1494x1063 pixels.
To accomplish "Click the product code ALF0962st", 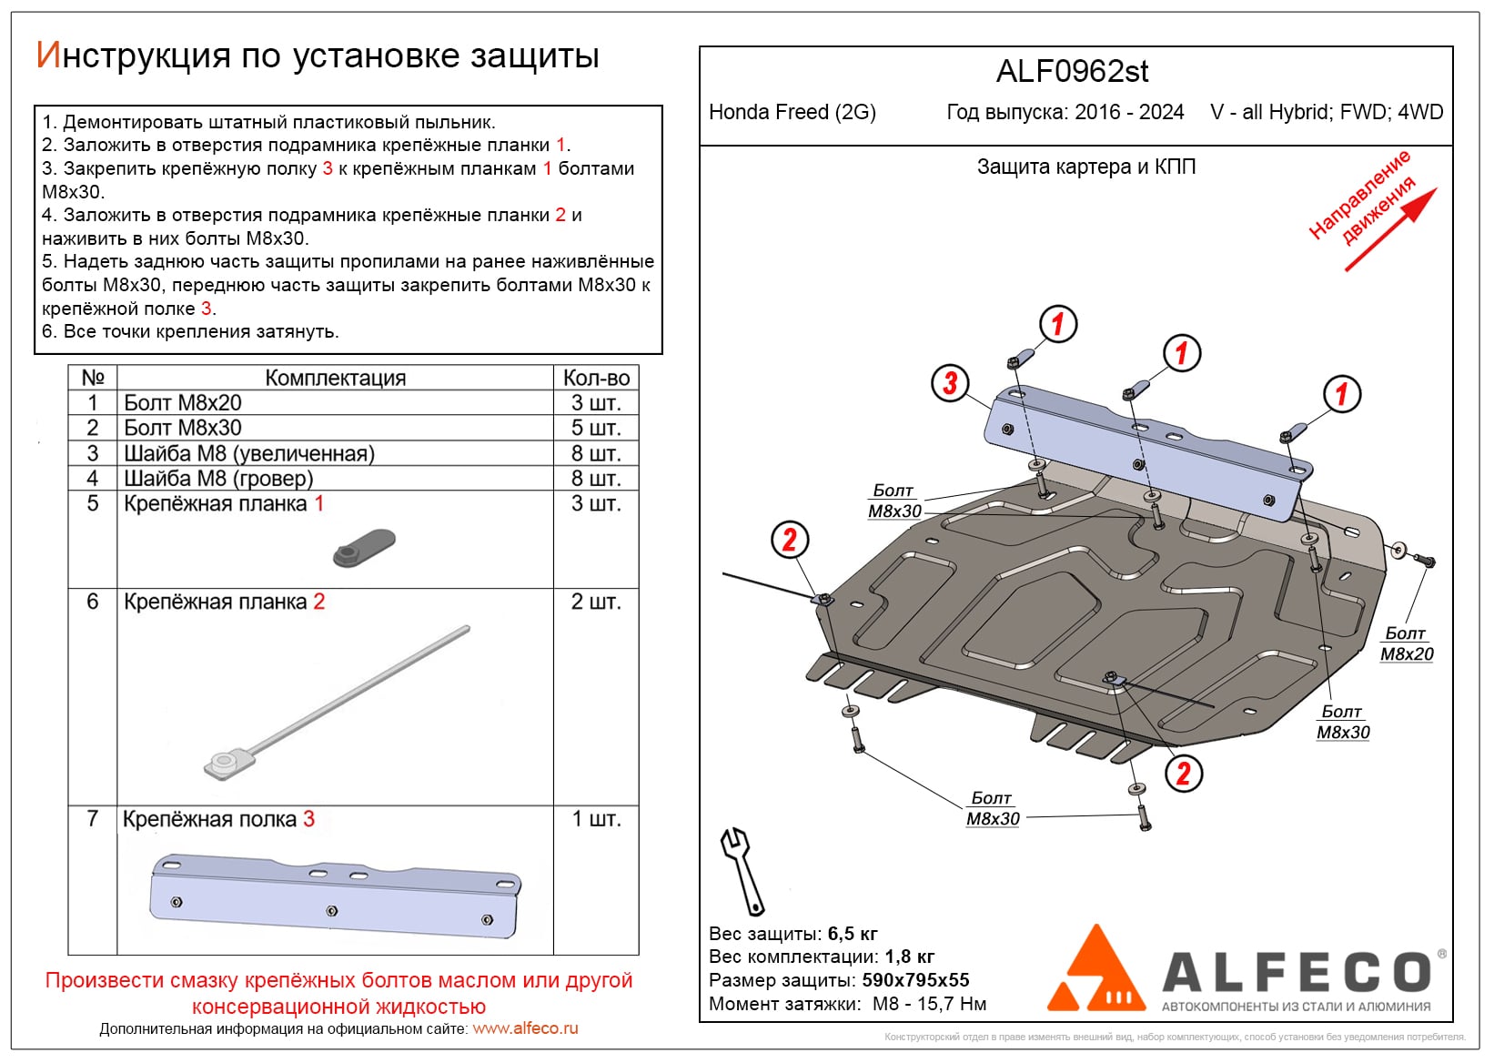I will coord(1073,72).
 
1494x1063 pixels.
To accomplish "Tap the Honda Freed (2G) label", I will coord(792,112).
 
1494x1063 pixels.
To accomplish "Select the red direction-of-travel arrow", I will coord(1391,229).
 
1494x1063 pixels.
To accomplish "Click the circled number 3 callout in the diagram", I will coord(950,383).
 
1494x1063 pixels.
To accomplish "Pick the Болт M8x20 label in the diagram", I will coord(1406,643).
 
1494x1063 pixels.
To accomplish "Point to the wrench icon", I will coord(742,870).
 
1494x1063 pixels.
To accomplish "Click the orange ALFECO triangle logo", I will coord(1095,971).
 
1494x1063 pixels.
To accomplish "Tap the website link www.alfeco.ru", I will coord(525,1028).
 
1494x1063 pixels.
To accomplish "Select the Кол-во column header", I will coord(596,378).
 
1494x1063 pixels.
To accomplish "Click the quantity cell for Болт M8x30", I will coord(596,428).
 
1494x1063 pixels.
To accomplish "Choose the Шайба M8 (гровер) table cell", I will coord(218,478).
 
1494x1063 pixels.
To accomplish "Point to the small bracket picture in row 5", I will coord(364,547).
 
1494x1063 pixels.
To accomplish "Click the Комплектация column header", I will coord(335,378).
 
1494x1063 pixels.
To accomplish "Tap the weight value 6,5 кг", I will coord(853,934).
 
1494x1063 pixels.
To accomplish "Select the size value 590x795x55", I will coord(915,980).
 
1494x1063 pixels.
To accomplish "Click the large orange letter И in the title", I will coord(47,56).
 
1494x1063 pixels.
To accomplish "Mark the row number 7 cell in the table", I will coord(92,818).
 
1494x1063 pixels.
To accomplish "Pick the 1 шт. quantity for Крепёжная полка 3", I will coord(596,819).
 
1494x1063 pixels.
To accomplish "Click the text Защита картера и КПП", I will coord(1086,167).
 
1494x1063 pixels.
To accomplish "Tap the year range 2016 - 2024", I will coord(1129,112).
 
